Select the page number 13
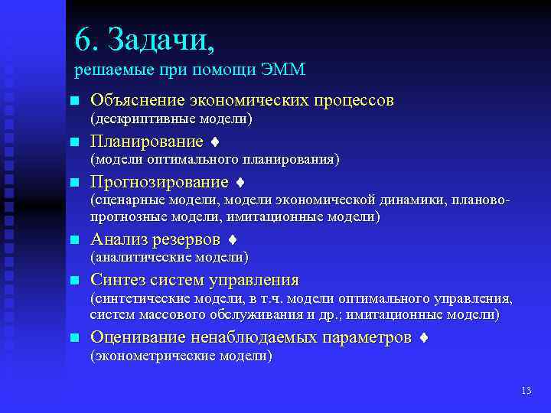pyautogui.click(x=525, y=391)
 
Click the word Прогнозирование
pyautogui.click(x=159, y=182)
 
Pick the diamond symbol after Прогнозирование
pyautogui.click(x=240, y=183)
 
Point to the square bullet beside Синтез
pyautogui.click(x=73, y=281)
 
